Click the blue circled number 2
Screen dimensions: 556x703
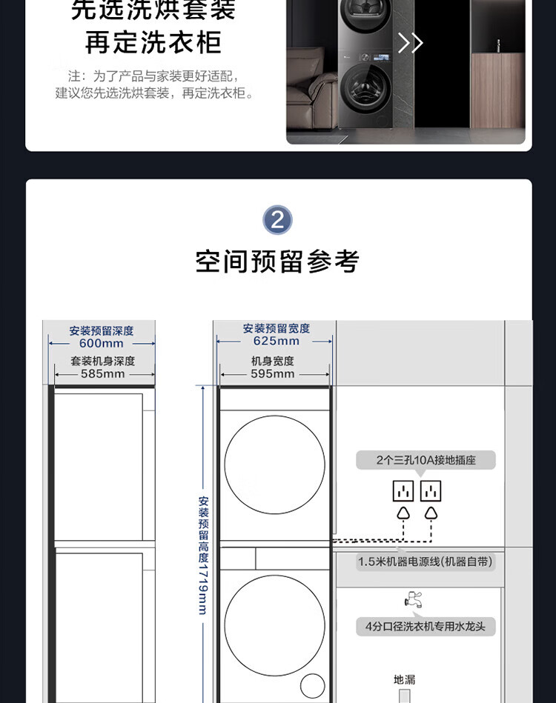[x=277, y=220]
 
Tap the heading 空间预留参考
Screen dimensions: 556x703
[x=277, y=261]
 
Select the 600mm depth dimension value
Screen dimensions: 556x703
[x=102, y=344]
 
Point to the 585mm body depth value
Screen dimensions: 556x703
[x=103, y=374]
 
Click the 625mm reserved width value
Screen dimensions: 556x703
[x=277, y=341]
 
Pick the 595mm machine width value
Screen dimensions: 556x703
[x=273, y=374]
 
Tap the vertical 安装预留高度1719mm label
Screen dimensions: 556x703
[x=203, y=555]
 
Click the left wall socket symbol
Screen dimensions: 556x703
[x=403, y=491]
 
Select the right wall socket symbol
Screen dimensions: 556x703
[x=431, y=491]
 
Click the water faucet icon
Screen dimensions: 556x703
[x=413, y=599]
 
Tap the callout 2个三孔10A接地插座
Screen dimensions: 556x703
[x=426, y=460]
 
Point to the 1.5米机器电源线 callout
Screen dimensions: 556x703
[x=425, y=562]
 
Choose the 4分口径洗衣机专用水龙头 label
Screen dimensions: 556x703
[x=426, y=627]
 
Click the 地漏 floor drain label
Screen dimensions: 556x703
[x=404, y=680]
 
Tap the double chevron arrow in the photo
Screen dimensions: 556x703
[x=411, y=43]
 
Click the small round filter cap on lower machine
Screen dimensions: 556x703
[x=312, y=686]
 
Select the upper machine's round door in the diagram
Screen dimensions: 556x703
[x=274, y=464]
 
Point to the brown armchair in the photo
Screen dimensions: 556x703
[x=312, y=90]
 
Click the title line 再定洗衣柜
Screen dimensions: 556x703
[x=153, y=42]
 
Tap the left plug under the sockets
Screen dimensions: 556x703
[x=403, y=513]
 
